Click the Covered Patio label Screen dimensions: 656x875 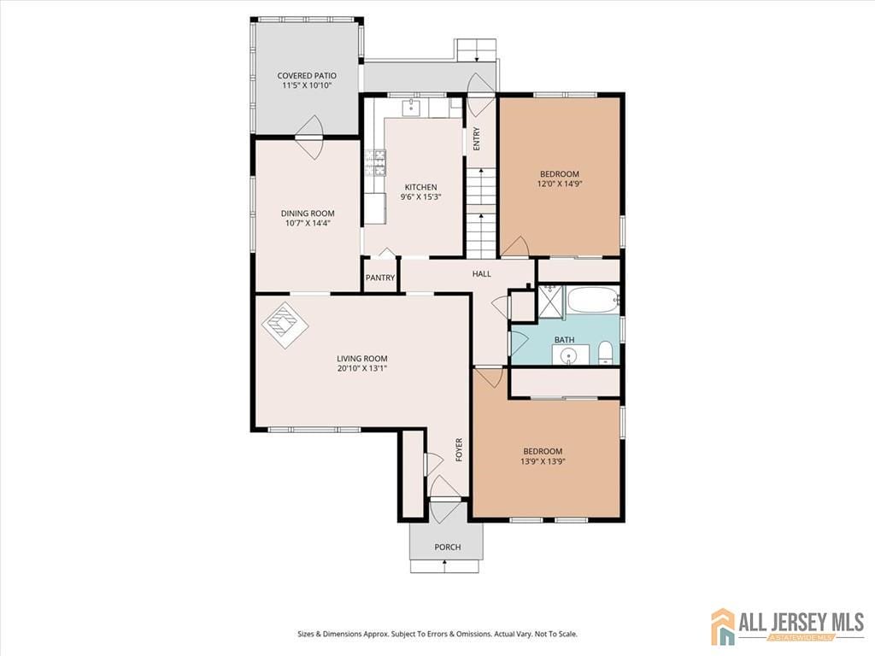(x=306, y=76)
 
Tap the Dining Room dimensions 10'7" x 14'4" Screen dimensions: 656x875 (x=308, y=224)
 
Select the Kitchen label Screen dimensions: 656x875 (x=420, y=187)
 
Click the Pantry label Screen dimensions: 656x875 (x=380, y=278)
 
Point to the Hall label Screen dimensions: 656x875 (x=482, y=273)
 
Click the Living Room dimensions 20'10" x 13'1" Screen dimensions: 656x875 (x=361, y=369)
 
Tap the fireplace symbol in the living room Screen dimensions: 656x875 (x=285, y=325)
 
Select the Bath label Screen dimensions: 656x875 (x=564, y=340)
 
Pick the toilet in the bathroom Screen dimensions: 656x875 (x=605, y=352)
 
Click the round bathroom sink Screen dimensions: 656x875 (x=570, y=354)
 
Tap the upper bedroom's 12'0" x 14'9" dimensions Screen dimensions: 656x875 (x=559, y=184)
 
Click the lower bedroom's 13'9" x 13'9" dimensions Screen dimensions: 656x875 (x=543, y=461)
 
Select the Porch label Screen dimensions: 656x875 (x=447, y=547)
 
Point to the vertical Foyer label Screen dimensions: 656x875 (x=459, y=450)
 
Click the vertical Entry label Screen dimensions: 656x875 (x=477, y=138)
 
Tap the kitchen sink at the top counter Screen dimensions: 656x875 (x=411, y=108)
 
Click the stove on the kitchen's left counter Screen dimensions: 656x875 (x=375, y=161)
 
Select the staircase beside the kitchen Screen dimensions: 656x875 (x=481, y=213)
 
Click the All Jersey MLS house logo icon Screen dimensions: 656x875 (x=723, y=626)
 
